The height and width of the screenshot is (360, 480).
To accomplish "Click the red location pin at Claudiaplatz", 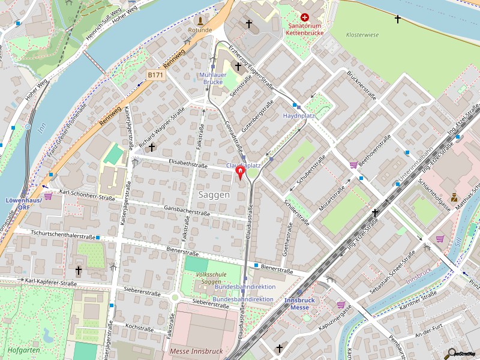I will pos(241,173).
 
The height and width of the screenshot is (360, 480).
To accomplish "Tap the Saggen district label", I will pos(214,195).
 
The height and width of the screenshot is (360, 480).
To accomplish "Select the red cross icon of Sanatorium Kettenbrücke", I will pos(305,18).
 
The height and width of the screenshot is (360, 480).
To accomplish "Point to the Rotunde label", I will pos(200,29).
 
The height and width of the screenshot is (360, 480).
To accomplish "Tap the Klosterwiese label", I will pos(362,35).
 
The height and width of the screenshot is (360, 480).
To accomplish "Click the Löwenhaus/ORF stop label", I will pos(23,203).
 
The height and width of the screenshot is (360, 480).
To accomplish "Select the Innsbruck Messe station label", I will pos(299,304).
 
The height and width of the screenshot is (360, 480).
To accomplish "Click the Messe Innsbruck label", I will pos(196,351).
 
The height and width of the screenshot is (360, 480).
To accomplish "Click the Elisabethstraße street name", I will pos(188,163).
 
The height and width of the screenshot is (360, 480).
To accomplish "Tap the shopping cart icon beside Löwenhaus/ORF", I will pos(48,196).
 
